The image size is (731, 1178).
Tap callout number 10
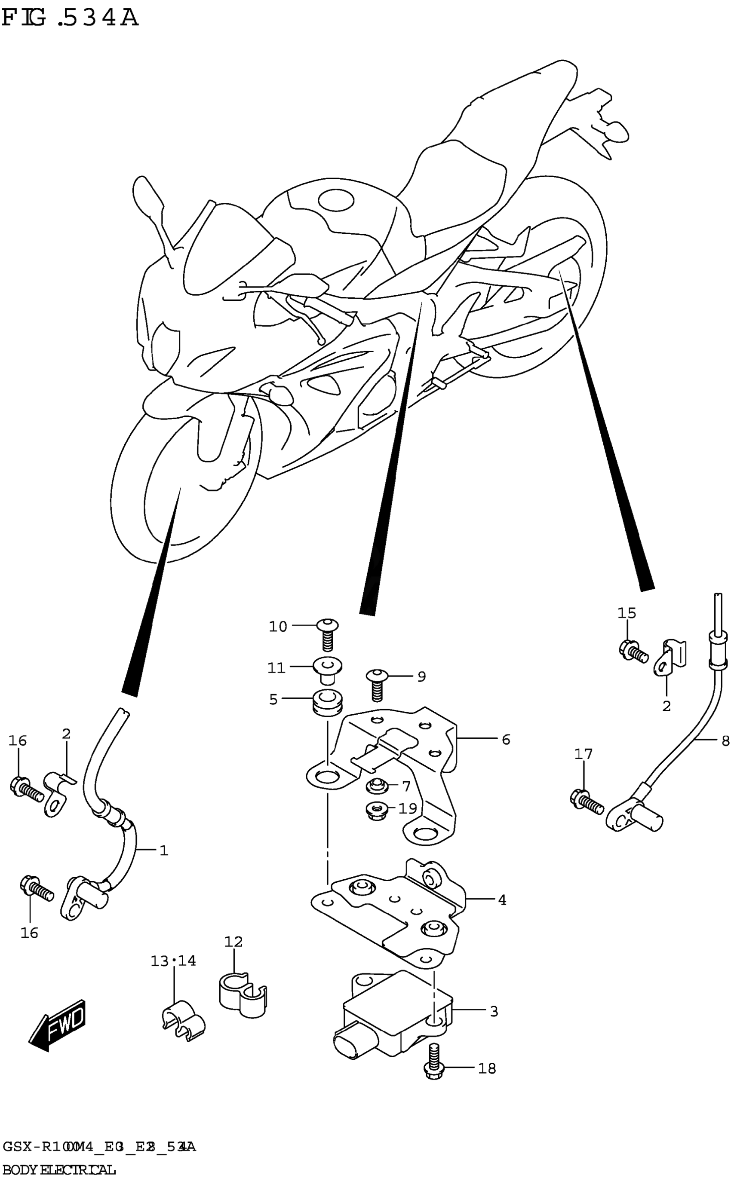coord(278,627)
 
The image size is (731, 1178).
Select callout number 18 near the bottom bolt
coord(487,1068)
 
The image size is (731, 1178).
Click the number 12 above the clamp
coord(233,941)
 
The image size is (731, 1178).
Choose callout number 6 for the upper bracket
coord(506,739)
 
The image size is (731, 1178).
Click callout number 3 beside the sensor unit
coord(494,1007)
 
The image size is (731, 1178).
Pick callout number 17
coord(583,767)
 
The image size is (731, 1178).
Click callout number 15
coord(627,613)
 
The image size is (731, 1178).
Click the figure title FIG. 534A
coord(70,18)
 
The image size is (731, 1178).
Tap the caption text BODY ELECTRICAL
coord(59,1166)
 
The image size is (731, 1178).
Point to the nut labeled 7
coord(376,786)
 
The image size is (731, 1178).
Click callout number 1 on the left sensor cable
coord(164,851)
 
